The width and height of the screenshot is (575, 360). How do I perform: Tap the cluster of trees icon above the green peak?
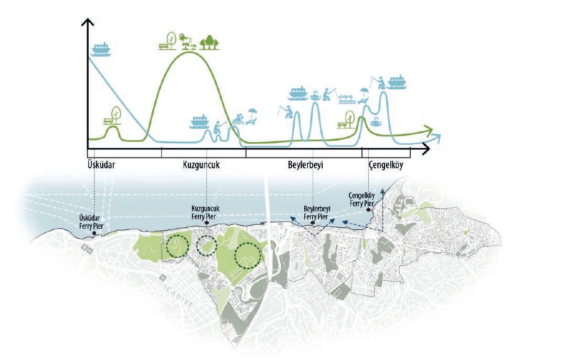click(x=210, y=42)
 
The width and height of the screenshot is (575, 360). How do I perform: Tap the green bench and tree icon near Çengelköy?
click(x=347, y=120)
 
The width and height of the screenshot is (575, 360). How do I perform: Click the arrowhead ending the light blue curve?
click(x=437, y=139)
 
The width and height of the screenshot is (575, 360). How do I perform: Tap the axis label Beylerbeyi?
click(x=305, y=165)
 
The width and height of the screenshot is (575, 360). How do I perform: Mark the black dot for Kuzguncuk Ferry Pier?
click(x=207, y=223)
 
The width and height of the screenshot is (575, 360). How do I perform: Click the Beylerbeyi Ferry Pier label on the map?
click(x=316, y=212)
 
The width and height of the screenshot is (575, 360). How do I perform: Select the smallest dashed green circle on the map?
click(x=206, y=245)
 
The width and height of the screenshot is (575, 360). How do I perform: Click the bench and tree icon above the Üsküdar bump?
click(x=114, y=117)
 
